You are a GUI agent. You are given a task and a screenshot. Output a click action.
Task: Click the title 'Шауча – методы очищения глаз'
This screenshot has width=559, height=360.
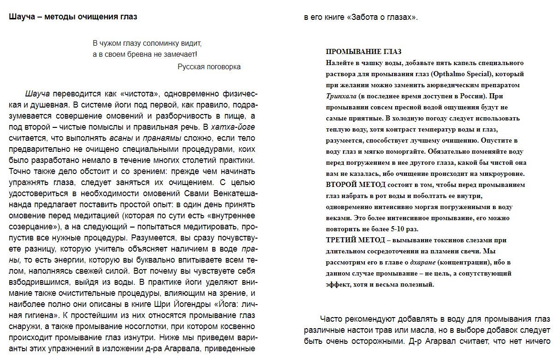(x=73, y=17)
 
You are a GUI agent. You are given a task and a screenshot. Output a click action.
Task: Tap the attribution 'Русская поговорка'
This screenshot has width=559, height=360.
(x=209, y=66)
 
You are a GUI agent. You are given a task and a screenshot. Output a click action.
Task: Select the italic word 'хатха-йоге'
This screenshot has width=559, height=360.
(x=233, y=127)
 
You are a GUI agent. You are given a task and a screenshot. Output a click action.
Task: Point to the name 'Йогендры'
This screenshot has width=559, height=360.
(x=191, y=305)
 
